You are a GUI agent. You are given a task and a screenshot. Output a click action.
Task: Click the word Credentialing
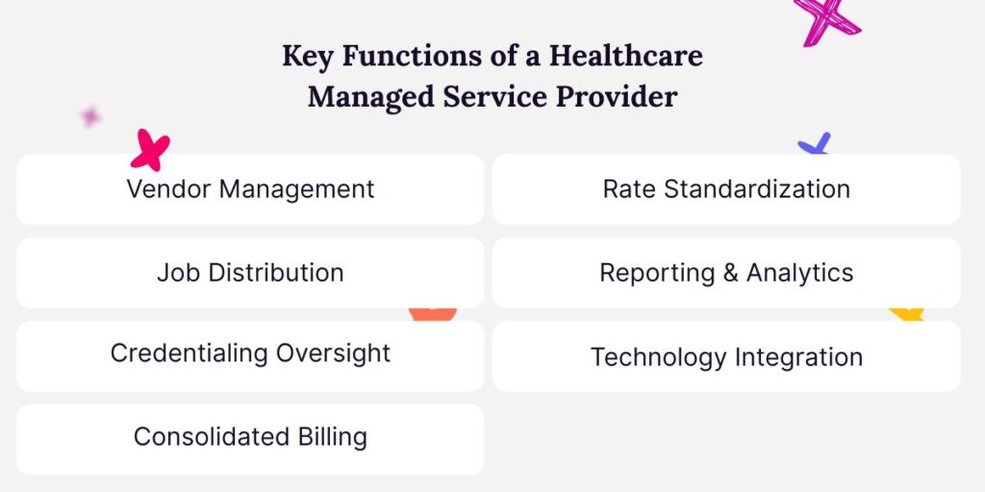(x=189, y=354)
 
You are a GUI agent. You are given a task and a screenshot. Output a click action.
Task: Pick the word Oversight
(x=334, y=353)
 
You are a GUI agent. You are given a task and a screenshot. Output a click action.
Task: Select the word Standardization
(x=758, y=188)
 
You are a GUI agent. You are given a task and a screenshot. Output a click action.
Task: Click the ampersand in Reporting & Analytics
(x=730, y=273)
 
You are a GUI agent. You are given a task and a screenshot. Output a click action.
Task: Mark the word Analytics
(x=799, y=273)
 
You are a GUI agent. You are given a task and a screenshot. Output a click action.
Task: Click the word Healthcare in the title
(x=625, y=56)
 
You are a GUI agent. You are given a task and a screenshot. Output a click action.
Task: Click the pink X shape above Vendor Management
(x=150, y=150)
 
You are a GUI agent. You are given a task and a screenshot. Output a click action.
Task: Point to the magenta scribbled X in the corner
(x=825, y=19)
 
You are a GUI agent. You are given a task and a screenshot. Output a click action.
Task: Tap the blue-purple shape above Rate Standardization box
(x=815, y=145)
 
